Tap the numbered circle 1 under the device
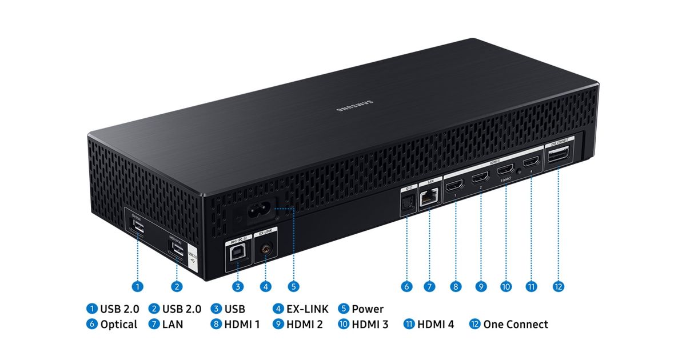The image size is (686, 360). point(137,286)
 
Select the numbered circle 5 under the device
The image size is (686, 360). point(293,286)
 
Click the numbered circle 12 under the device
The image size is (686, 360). point(559,286)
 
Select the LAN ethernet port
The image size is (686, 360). point(428,198)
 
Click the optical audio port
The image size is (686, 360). point(408,203)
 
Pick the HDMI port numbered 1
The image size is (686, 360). point(455,186)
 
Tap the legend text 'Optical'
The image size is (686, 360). point(118,325)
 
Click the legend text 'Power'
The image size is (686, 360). point(368,309)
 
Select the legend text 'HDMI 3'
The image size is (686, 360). point(370,325)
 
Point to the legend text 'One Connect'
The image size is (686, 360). point(515,325)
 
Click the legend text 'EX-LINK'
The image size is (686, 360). point(308,309)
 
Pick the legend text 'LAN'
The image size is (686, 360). point(170,325)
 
